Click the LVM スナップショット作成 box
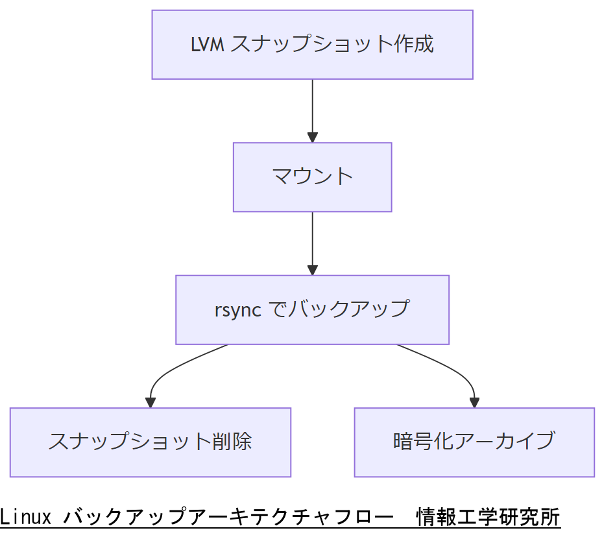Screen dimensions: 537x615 click(x=312, y=44)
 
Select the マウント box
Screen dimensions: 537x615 click(x=312, y=176)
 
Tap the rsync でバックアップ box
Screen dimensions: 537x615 click(x=312, y=309)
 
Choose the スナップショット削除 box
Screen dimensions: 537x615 click(x=150, y=442)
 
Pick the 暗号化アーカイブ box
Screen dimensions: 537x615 click(x=474, y=442)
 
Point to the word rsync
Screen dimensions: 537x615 click(x=237, y=310)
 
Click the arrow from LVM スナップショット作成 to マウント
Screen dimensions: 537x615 click(x=312, y=107)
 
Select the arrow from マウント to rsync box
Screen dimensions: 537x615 click(x=312, y=240)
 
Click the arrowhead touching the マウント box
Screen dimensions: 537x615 click(x=312, y=137)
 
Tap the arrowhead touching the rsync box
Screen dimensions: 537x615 click(x=312, y=270)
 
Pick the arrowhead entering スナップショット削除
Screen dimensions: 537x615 click(x=151, y=403)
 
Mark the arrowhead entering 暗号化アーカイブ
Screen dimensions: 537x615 click(x=474, y=403)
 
